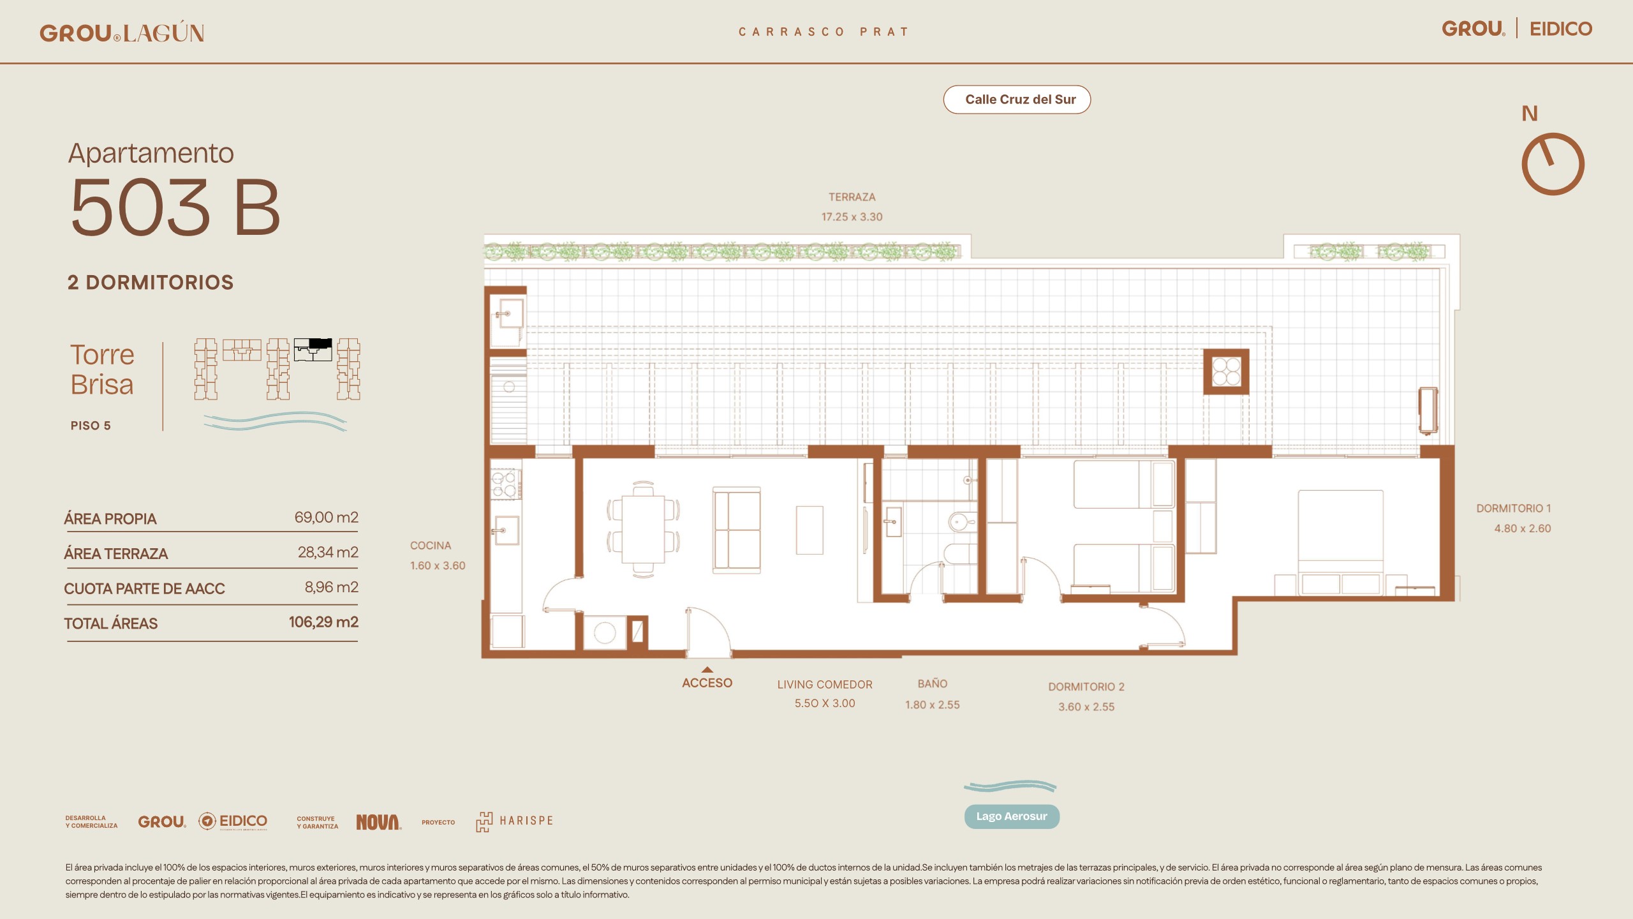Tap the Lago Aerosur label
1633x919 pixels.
coord(1012,816)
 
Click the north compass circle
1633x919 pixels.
coord(1553,164)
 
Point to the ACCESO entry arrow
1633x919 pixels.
coord(707,669)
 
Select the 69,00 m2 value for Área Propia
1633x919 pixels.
coord(326,517)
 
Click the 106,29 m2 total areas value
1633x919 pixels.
coord(323,622)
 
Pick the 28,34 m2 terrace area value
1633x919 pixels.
coord(328,552)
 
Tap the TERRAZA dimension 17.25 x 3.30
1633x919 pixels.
coord(852,217)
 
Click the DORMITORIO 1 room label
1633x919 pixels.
coord(1513,509)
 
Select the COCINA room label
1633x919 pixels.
coord(431,546)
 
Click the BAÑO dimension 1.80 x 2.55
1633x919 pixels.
coord(932,705)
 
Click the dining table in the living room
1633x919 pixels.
coord(643,529)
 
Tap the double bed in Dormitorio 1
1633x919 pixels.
coord(1340,542)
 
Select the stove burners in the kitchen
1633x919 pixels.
coord(504,484)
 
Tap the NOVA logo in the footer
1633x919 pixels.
coord(378,822)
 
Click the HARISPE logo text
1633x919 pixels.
coord(526,821)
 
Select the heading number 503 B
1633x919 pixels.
coord(175,207)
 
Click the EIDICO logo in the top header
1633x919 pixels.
coord(1561,29)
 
